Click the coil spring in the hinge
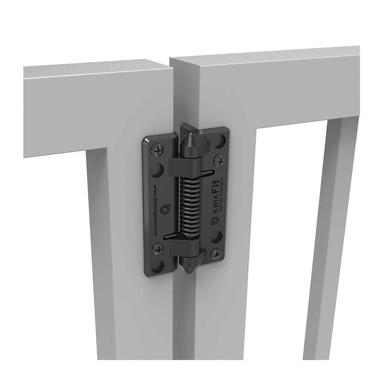click(x=188, y=205)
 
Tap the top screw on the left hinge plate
click(x=158, y=151)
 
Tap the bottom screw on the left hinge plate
click(x=158, y=249)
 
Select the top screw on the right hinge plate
click(x=219, y=160)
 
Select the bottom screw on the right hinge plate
click(x=216, y=254)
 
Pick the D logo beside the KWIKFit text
click(x=215, y=221)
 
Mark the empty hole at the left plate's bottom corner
click(x=157, y=266)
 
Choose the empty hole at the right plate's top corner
click(x=219, y=142)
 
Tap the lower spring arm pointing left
click(x=171, y=237)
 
